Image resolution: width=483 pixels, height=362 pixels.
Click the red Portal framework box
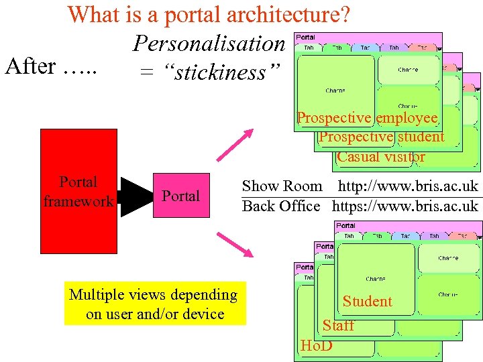pos(78,191)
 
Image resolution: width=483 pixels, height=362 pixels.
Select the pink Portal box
pos(180,196)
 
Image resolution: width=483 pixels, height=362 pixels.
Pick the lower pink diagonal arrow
pos(234,245)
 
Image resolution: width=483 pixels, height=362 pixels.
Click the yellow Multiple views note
pos(154,304)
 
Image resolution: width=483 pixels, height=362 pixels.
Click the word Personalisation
pos(209,44)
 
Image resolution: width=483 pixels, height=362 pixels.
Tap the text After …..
pos(51,66)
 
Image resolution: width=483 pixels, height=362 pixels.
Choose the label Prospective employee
pos(367,118)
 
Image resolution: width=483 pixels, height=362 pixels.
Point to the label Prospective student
pos(381,137)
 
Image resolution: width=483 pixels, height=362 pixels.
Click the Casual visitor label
pos(380,157)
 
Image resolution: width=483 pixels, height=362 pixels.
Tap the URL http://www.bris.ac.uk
pos(408,186)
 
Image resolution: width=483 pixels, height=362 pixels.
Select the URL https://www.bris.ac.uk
pos(405,206)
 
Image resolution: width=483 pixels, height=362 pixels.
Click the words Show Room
pos(282,186)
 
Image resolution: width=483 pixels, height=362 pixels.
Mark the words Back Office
pos(281,206)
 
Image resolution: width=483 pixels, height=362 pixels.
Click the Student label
pos(367,302)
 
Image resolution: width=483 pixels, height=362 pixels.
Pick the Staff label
pos(338,326)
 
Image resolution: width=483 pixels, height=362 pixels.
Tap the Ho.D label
pos(317,346)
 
